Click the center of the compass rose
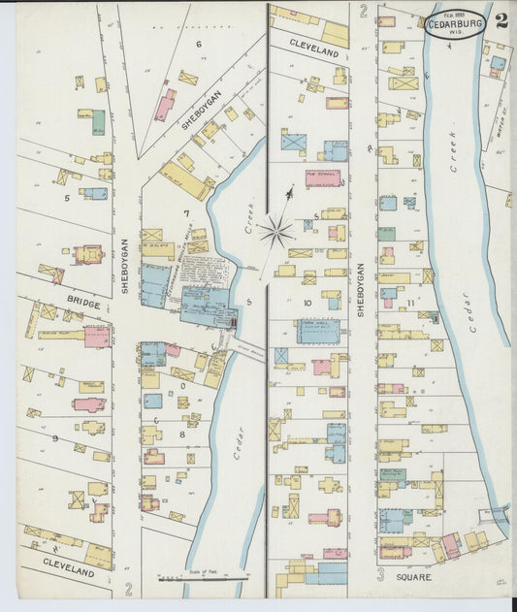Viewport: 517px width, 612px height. point(276,231)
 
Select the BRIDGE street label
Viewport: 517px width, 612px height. point(83,305)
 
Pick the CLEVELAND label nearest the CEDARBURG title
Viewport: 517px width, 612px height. point(315,46)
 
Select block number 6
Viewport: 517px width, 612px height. point(198,44)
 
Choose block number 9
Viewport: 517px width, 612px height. point(55,438)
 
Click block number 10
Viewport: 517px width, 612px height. point(307,303)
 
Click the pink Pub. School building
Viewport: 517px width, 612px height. point(323,178)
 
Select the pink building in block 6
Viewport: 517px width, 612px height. point(165,105)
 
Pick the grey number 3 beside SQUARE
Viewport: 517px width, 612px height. point(380,575)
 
